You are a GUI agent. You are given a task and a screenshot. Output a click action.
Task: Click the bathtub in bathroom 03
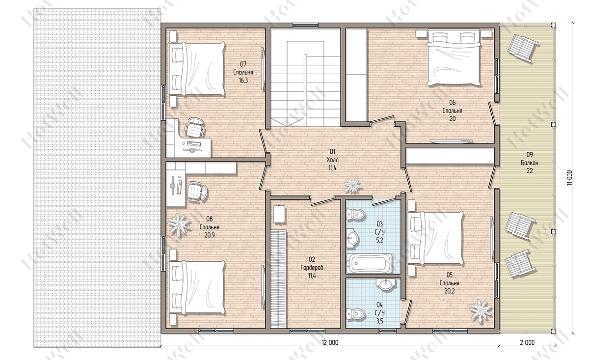click(370, 263)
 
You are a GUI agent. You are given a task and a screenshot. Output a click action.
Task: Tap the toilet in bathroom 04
click(356, 314)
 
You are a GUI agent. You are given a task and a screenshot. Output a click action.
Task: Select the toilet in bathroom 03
click(356, 214)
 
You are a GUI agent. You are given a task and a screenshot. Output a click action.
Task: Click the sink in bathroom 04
click(385, 284)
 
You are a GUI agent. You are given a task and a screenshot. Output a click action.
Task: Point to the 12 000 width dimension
click(330, 342)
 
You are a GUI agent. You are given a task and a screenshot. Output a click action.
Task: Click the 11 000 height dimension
click(569, 178)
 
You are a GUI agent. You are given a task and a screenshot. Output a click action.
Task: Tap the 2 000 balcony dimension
click(527, 342)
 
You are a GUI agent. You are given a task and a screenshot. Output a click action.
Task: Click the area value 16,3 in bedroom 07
click(243, 80)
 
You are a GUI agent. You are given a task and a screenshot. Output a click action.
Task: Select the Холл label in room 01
click(332, 160)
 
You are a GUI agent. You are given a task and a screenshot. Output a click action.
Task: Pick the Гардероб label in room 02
click(312, 268)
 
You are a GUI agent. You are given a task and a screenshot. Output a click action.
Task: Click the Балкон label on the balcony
click(530, 163)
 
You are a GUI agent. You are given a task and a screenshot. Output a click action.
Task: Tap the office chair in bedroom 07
click(194, 128)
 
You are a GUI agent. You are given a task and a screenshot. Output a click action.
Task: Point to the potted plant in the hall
click(353, 185)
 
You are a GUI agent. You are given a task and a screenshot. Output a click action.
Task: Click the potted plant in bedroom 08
click(179, 225)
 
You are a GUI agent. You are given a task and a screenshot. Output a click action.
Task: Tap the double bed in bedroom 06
click(454, 57)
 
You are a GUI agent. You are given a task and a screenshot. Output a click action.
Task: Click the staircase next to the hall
click(306, 78)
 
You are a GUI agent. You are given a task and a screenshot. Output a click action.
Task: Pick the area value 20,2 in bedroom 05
click(450, 291)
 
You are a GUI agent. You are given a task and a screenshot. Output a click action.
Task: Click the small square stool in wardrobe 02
click(279, 215)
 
